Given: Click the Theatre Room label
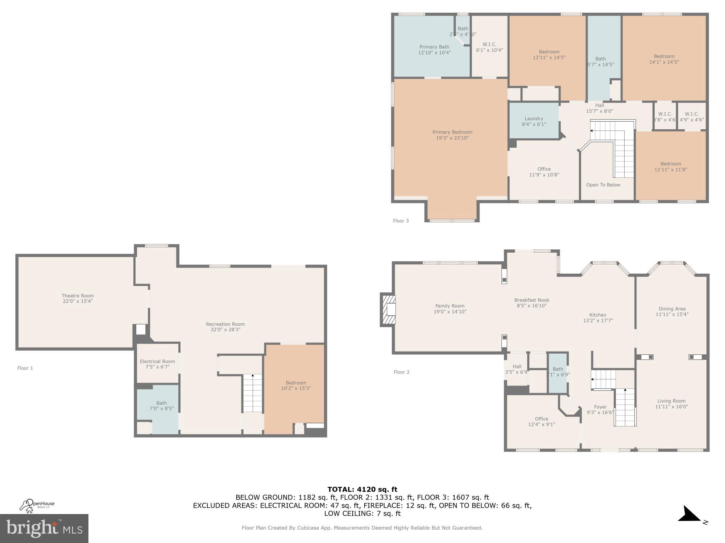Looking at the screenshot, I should coord(78,296).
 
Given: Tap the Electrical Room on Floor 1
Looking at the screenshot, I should coord(157,364).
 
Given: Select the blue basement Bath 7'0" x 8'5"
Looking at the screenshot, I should coord(161,406).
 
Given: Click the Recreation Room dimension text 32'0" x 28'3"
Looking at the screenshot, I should coord(225,330).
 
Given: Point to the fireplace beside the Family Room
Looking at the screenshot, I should coord(388,310).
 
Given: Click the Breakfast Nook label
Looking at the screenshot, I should coord(531,300).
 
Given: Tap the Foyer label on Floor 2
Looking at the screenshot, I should coord(600,407).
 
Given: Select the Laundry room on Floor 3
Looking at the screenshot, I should coord(534,121).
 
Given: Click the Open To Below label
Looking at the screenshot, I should coord(603,185).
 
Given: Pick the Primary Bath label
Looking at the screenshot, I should coord(434,47).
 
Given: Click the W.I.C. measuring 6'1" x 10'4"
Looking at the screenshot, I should coord(489,47).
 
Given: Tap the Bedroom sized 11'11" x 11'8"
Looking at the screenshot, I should coord(670,167).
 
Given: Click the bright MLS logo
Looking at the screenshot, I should coord(44,528).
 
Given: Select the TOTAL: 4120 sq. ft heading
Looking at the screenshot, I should coord(362,489).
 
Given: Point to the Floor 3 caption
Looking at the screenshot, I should coord(401,221).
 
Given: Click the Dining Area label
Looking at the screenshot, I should coord(672,309).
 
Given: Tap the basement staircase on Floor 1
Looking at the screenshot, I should coord(252,393).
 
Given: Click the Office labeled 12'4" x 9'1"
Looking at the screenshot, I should coord(541,422).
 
